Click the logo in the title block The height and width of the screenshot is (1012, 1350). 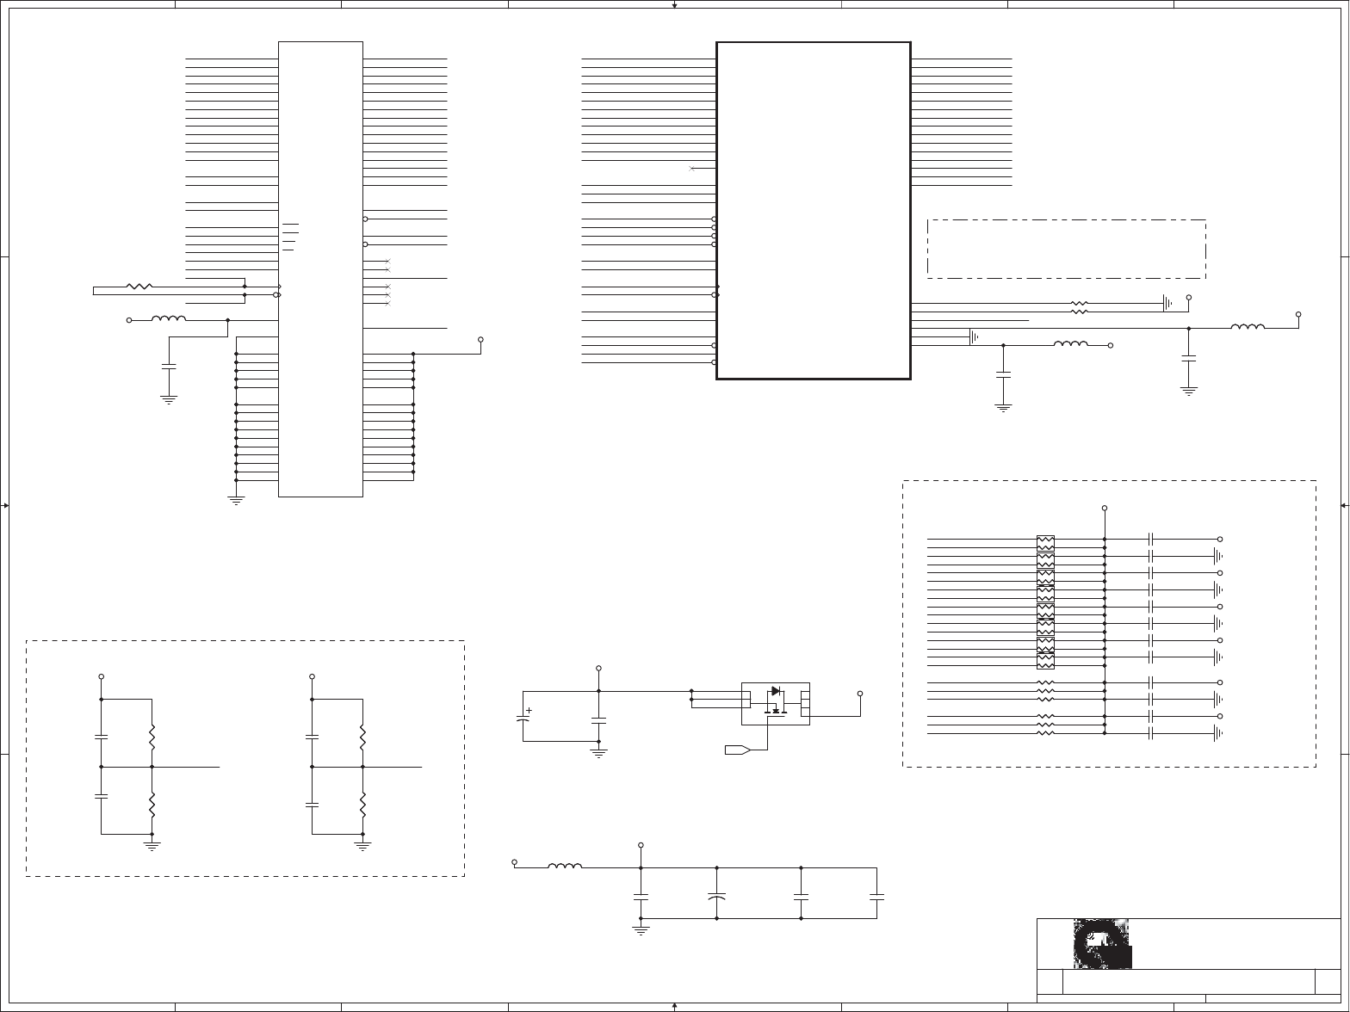tap(1102, 944)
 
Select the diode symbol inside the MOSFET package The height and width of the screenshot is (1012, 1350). tap(776, 691)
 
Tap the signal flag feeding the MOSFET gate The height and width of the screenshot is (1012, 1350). tap(737, 750)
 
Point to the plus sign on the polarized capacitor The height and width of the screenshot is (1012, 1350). tap(529, 711)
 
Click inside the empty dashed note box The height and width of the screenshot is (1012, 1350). tap(1066, 249)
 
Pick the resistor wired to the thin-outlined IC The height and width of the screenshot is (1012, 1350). tap(139, 286)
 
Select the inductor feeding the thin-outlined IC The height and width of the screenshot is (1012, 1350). tap(169, 319)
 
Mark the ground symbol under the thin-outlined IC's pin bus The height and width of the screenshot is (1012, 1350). tap(236, 499)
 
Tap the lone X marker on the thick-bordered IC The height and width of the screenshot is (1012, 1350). tap(691, 169)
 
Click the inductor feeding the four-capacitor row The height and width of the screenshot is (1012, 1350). tap(565, 866)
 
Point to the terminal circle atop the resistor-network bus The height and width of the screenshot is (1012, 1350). tap(1105, 509)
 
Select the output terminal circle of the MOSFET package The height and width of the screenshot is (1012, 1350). tap(860, 694)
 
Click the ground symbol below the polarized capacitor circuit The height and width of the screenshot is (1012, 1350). tap(598, 753)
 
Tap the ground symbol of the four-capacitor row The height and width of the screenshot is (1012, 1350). tap(640, 930)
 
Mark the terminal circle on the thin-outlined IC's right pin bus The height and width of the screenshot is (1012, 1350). tap(481, 339)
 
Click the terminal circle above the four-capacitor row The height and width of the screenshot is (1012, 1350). tap(640, 845)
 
